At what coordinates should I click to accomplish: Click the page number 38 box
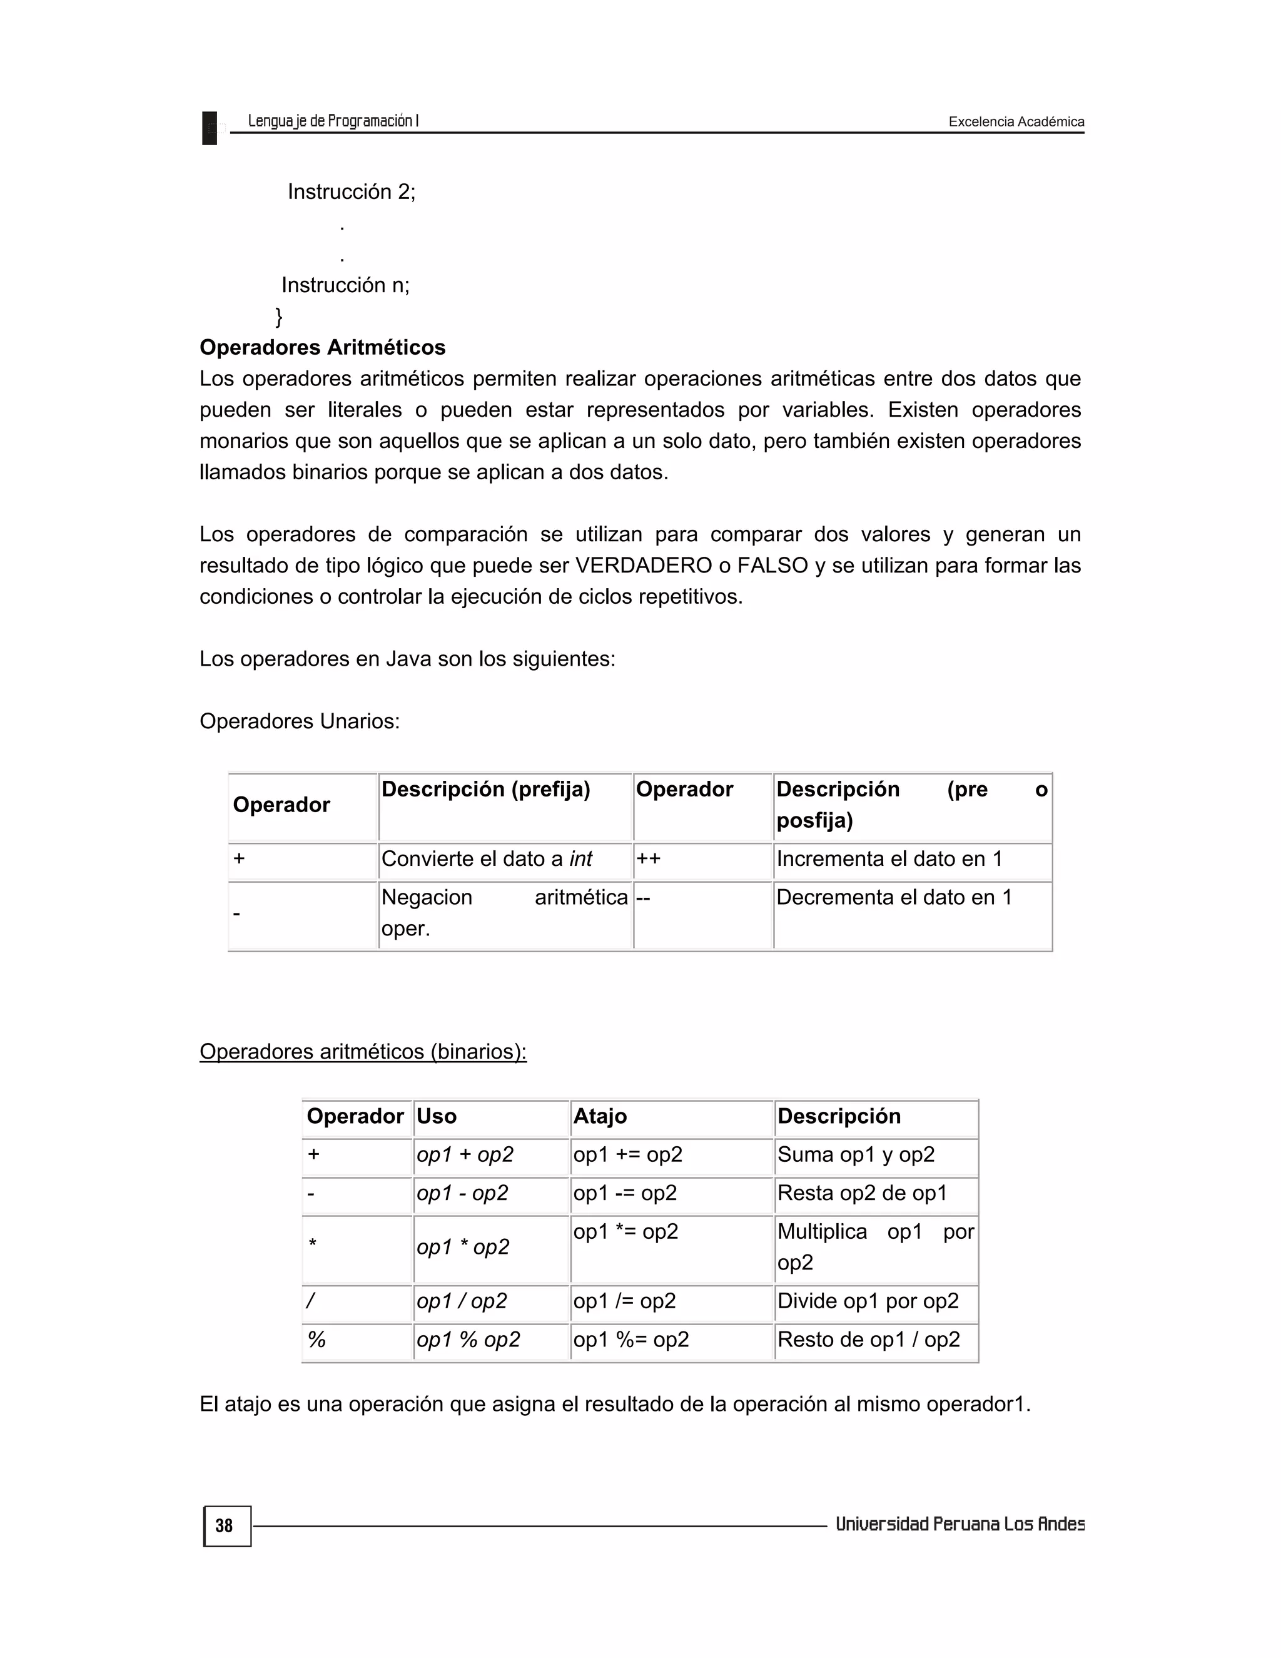coord(226,1526)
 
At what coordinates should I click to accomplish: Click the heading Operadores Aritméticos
coord(323,348)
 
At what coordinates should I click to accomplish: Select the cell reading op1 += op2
coord(627,1155)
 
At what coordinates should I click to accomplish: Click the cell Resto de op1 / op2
coord(868,1339)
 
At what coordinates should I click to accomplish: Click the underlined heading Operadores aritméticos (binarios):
coord(363,1052)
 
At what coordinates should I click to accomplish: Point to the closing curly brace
coord(278,316)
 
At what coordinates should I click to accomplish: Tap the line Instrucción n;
coord(345,285)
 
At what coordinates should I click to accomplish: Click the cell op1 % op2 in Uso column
coord(468,1339)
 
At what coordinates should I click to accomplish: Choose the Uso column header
coord(437,1116)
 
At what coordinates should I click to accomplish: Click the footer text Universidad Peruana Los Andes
coord(959,1524)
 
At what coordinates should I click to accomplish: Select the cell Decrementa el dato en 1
coord(893,897)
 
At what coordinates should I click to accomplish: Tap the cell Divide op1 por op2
coord(868,1301)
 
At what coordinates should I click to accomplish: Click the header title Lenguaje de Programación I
coord(333,121)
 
